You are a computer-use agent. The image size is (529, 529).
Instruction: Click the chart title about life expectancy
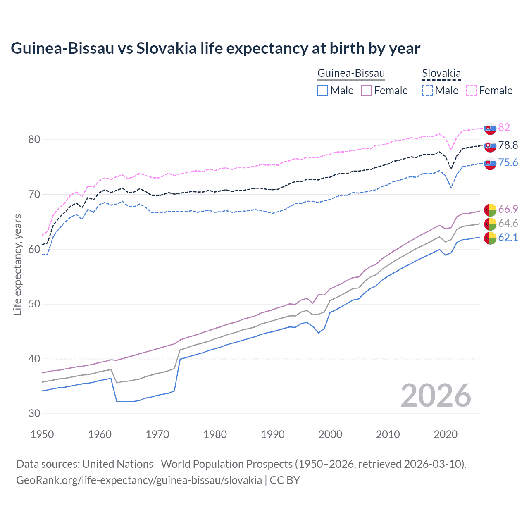click(215, 48)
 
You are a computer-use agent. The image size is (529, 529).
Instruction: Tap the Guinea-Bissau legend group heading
click(351, 73)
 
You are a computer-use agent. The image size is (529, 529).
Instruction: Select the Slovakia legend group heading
click(441, 73)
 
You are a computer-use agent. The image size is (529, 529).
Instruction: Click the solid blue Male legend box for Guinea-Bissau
click(323, 91)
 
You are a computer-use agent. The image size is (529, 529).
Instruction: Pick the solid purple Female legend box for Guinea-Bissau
click(367, 91)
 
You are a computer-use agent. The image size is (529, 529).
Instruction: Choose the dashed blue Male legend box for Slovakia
click(427, 91)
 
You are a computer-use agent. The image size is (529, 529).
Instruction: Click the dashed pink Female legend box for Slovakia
click(472, 91)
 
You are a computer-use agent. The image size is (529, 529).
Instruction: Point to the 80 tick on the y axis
click(34, 140)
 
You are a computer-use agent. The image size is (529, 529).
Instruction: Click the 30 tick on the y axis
click(34, 413)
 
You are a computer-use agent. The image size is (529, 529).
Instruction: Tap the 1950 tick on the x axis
click(42, 434)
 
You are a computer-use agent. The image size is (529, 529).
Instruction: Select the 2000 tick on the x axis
click(330, 434)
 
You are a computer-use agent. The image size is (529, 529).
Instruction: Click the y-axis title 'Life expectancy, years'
click(17, 264)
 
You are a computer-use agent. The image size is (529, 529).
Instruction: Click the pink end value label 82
click(504, 127)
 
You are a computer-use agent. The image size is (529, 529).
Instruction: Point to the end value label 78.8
click(508, 145)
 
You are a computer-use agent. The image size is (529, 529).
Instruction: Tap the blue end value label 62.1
click(508, 237)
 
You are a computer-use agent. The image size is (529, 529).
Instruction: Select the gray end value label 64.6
click(508, 223)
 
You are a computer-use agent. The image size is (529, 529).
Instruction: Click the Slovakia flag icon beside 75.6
click(490, 163)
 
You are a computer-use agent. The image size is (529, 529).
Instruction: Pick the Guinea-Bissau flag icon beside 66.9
click(490, 210)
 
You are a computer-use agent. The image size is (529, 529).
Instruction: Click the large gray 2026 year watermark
click(436, 396)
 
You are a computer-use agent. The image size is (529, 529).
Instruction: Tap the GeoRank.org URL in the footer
click(139, 480)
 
